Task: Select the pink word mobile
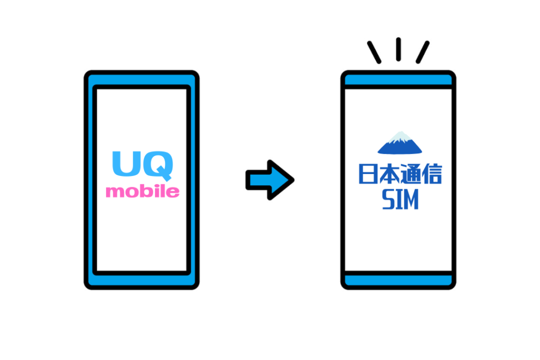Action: tap(142, 191)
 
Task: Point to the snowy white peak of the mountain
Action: tap(401, 136)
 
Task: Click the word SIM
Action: tap(399, 200)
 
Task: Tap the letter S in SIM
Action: tap(388, 200)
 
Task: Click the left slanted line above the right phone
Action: tap(374, 52)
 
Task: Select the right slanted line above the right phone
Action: tap(422, 52)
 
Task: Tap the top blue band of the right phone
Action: tap(399, 80)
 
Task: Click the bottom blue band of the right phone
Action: tap(399, 279)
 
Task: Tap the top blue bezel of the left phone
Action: tap(141, 78)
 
